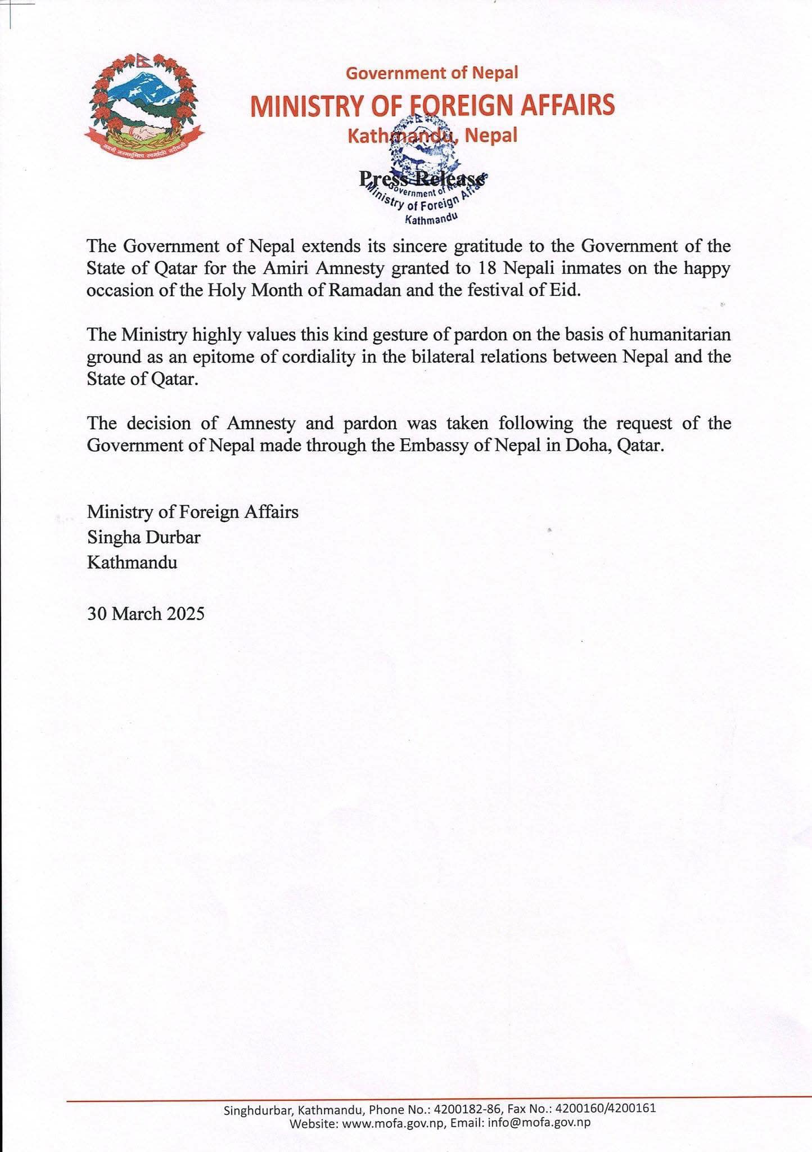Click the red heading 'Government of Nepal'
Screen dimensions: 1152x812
click(431, 73)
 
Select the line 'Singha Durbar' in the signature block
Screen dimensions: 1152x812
click(143, 537)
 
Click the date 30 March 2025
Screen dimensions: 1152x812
click(146, 613)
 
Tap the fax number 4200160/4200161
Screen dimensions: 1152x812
click(606, 1110)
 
